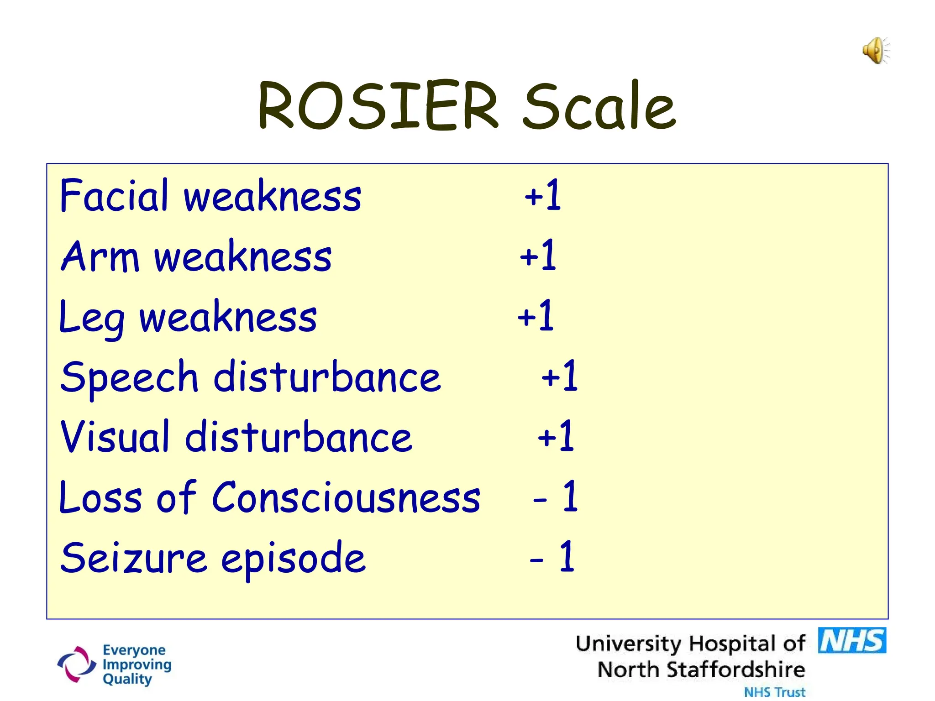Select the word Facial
click(114, 196)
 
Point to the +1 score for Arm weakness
click(538, 256)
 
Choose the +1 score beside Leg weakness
click(536, 316)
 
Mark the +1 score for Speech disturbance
click(559, 377)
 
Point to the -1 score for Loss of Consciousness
click(556, 497)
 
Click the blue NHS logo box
click(852, 641)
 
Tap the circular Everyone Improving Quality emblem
click(77, 664)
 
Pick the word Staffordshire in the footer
click(735, 670)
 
